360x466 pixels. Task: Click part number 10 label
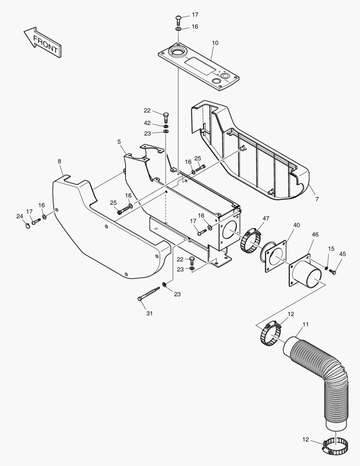coord(215,43)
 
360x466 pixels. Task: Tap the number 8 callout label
coord(59,161)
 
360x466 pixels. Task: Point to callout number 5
coord(119,141)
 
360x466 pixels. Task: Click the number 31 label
coord(149,313)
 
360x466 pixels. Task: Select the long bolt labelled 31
coord(149,294)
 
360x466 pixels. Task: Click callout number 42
coord(147,123)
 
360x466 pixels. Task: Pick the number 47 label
coord(266,219)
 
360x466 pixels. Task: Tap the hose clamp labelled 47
coord(250,242)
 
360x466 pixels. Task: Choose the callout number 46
coord(315,234)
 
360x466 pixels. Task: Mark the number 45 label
coord(342,254)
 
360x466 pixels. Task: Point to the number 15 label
coord(331,249)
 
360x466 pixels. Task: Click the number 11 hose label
coord(305,324)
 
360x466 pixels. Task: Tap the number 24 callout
coord(19,216)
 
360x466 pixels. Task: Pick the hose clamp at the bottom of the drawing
coord(335,446)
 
